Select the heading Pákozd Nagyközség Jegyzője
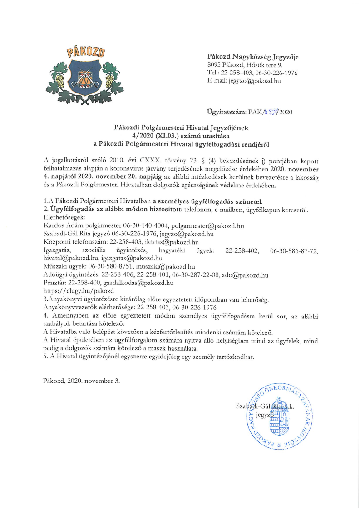(253, 57)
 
